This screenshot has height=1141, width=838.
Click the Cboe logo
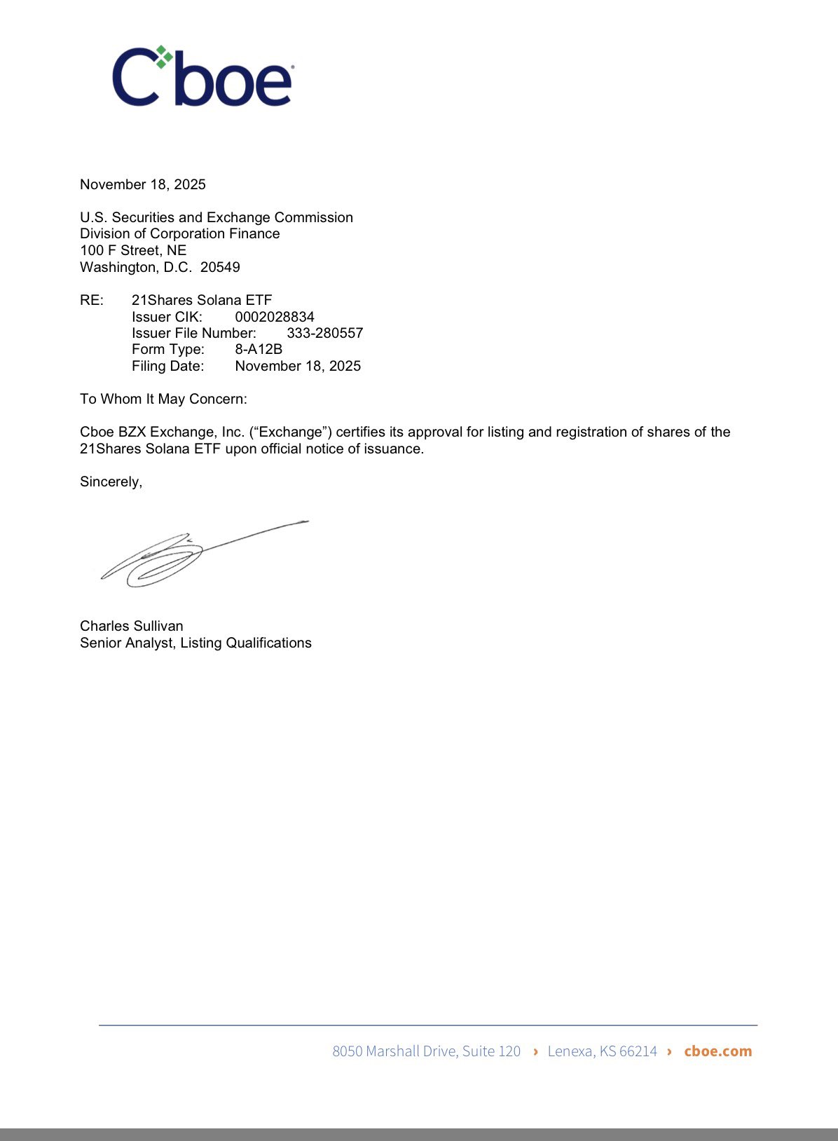202,77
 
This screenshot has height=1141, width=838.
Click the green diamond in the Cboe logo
163,57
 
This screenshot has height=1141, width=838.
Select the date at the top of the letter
143,184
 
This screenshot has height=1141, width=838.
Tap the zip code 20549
220,267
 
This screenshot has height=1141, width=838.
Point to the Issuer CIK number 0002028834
275,317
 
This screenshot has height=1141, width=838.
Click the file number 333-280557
324,333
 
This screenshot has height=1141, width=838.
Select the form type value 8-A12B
259,349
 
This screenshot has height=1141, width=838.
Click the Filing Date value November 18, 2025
298,366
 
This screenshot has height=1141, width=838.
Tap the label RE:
92,300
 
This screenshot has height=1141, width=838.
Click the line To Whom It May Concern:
163,399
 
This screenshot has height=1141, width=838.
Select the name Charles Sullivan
132,626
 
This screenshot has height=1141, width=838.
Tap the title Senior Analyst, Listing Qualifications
195,643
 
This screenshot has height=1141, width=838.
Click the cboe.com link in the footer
717,1051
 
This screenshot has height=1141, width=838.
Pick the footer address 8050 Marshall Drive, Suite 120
426,1051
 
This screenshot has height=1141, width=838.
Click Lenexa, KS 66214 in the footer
602,1051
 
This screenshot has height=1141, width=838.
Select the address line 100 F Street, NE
133,250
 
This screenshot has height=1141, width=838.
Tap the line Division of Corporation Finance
179,233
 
